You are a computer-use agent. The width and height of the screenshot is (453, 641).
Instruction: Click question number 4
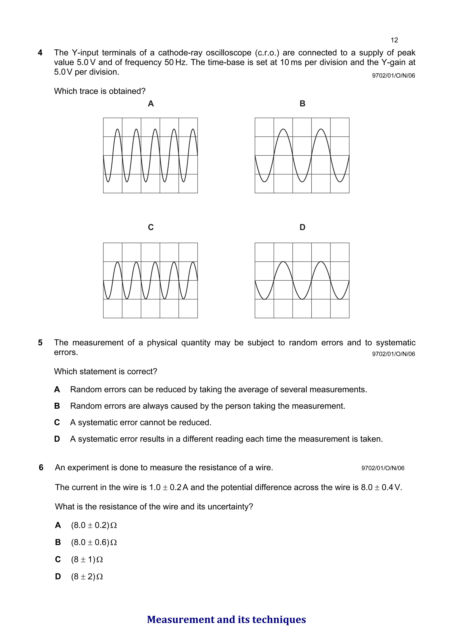[40, 53]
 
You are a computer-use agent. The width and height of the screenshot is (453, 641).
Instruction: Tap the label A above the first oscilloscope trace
[151, 104]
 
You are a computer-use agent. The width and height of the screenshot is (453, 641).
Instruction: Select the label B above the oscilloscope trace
[302, 104]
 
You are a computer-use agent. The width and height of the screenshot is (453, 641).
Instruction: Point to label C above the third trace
[151, 227]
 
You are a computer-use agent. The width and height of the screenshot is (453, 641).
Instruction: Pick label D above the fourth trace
[302, 227]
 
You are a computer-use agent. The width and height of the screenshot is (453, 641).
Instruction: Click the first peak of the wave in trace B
[283, 129]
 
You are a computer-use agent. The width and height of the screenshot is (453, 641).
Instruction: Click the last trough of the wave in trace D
[340, 299]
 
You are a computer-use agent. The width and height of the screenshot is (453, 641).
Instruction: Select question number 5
[40, 343]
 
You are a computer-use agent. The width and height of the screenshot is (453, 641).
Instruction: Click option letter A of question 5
[57, 389]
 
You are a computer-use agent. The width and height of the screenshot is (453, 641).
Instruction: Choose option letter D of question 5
[57, 439]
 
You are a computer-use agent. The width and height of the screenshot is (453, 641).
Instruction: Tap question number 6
[41, 468]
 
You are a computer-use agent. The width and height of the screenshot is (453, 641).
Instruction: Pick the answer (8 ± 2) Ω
[87, 577]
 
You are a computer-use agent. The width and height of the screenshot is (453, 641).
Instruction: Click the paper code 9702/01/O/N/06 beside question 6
[383, 468]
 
